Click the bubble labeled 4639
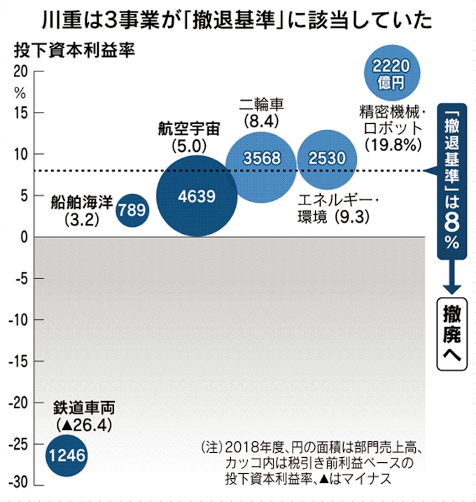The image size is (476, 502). (196, 197)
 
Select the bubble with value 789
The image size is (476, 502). (131, 209)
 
